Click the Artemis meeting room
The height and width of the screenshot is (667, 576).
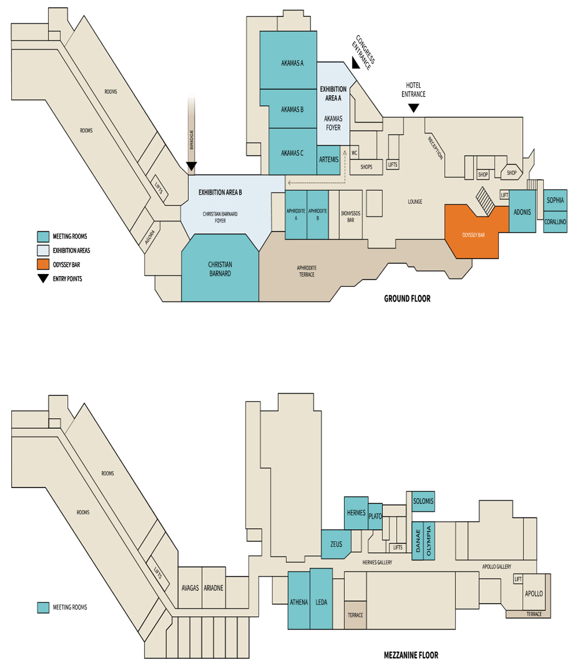(329, 160)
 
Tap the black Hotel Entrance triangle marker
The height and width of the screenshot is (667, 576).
(413, 108)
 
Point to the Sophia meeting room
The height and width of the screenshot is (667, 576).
(555, 200)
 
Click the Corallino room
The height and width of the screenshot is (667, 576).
(555, 222)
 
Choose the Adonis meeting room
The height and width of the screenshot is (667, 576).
(522, 211)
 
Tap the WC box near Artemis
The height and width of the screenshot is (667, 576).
(354, 153)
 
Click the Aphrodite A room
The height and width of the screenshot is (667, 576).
(296, 215)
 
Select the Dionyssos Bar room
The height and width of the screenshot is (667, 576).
(351, 215)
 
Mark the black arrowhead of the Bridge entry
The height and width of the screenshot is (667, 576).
(191, 166)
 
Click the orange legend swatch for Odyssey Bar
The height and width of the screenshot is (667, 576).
(43, 264)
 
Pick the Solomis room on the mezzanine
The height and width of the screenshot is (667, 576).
(423, 501)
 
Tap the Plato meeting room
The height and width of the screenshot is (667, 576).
(375, 516)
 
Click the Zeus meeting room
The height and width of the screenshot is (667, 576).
(336, 544)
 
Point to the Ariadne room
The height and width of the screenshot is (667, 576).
(214, 587)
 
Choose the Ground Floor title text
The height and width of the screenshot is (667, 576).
(407, 299)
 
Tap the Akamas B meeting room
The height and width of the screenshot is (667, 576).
(292, 109)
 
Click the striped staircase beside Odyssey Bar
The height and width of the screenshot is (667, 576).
(486, 202)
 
